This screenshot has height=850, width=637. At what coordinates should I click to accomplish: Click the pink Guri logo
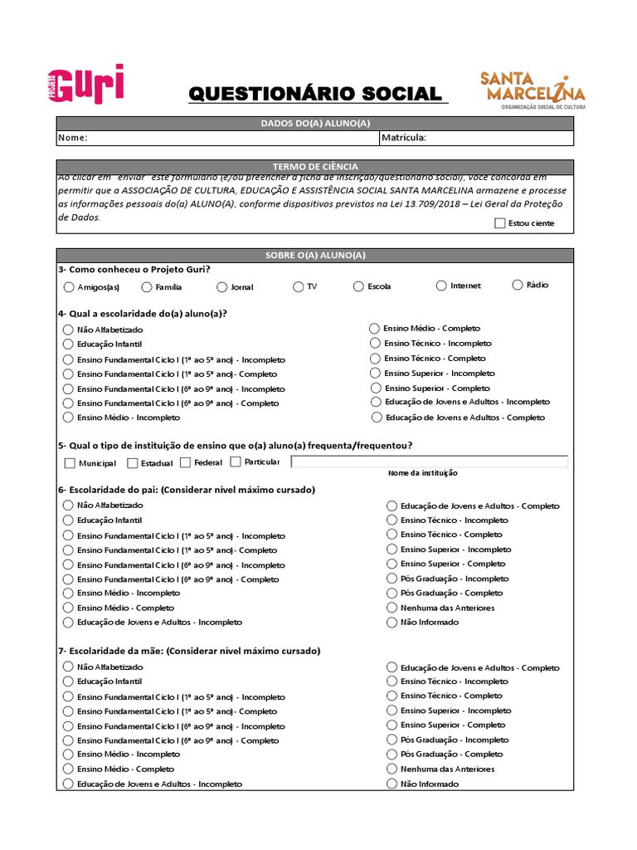(85, 84)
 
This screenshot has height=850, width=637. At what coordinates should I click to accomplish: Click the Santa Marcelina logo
(532, 90)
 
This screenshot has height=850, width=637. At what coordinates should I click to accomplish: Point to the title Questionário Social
(315, 94)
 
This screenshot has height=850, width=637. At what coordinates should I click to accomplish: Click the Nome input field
(232, 138)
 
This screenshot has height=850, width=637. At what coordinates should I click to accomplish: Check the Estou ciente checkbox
(498, 222)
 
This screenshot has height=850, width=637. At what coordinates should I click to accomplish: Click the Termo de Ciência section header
(315, 167)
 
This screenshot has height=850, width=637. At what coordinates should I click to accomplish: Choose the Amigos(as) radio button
(68, 287)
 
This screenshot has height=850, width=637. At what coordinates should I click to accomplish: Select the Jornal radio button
(221, 287)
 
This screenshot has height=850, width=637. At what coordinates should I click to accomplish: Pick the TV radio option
(298, 287)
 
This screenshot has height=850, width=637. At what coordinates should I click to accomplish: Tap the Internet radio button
(441, 286)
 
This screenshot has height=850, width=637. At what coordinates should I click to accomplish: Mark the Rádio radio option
(518, 285)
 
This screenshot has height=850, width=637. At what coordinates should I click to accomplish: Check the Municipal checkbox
(70, 463)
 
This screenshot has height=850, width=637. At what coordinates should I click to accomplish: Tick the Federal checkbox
(185, 462)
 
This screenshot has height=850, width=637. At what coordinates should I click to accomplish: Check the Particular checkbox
(236, 462)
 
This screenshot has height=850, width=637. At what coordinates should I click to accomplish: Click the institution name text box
(429, 462)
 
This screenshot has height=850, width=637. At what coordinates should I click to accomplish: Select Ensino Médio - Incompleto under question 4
(68, 418)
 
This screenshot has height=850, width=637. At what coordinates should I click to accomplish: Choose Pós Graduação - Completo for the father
(392, 593)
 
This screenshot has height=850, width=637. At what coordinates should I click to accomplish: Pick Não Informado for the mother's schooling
(392, 784)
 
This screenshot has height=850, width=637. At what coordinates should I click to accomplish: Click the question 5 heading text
(235, 445)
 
